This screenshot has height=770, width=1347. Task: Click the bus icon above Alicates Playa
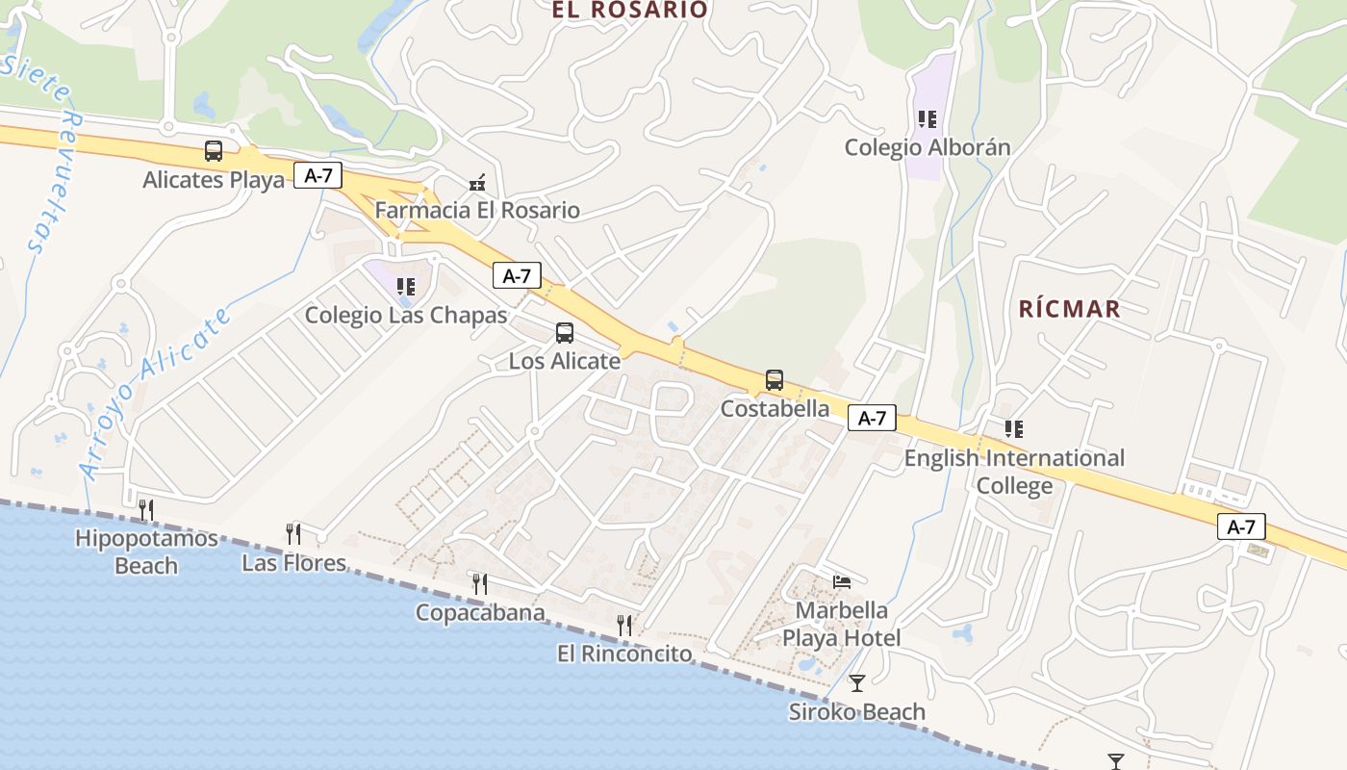point(214,151)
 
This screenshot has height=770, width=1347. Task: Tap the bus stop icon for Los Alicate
point(565,333)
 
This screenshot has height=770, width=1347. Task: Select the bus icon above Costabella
point(775,380)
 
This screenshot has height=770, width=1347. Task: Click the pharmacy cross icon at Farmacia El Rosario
point(476,182)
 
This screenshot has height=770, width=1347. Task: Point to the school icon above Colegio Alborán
point(928,119)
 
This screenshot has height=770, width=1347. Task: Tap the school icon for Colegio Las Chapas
point(406,286)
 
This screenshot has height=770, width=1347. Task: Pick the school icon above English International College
point(1013,429)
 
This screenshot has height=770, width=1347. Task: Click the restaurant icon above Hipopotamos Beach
point(146,509)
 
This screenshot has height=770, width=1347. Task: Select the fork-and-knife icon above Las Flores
point(293,533)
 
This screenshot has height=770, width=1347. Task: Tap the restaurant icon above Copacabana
point(479,583)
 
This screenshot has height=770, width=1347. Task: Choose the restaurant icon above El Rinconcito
point(624,626)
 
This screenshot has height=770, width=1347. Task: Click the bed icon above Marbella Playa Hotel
point(841,581)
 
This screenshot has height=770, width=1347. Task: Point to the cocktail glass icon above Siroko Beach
point(856,683)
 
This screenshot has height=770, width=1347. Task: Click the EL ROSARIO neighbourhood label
point(629,11)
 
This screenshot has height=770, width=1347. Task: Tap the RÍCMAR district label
point(1069,309)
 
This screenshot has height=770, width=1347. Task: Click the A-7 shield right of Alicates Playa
point(318,176)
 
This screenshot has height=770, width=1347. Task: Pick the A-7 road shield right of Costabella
point(872,418)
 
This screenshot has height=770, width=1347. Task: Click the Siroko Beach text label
point(856,712)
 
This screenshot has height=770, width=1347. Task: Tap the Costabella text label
point(775,408)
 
